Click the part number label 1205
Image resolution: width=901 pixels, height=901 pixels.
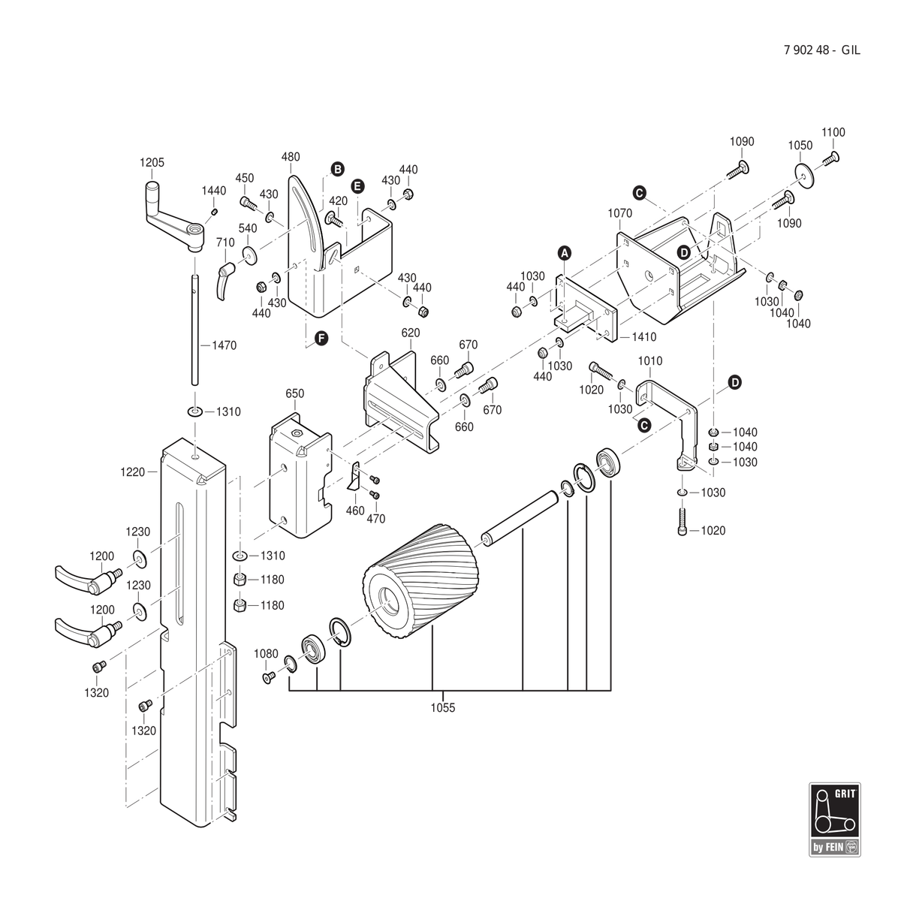point(152,163)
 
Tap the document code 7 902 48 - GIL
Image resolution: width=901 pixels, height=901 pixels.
point(821,50)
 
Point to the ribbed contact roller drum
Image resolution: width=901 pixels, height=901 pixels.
point(420,580)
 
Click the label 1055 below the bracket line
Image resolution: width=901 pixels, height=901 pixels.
point(443,708)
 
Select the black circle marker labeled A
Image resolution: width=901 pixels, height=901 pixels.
point(565,253)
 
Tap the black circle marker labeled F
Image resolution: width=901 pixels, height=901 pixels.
point(321,339)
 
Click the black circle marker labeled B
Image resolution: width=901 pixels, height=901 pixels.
point(338,169)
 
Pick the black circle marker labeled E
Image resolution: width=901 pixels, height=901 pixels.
point(357,186)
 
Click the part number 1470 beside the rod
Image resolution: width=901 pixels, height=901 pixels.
point(224,345)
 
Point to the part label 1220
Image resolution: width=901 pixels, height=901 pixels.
point(133,472)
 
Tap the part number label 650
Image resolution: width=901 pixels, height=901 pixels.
point(295,393)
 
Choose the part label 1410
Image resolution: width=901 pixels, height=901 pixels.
point(644,337)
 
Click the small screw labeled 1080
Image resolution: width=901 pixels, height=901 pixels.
point(268,677)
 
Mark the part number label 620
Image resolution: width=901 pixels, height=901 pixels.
point(411,333)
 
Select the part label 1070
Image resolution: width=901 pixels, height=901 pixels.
point(620,213)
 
